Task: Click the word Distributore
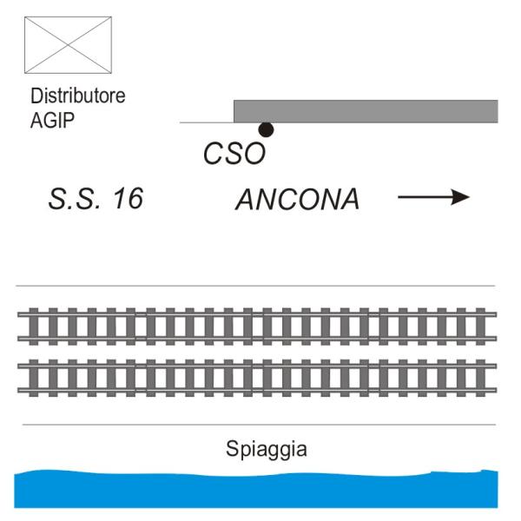click(78, 96)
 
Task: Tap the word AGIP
click(52, 120)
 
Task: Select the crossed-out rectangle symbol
click(68, 45)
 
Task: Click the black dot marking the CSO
click(266, 129)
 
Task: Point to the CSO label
click(234, 154)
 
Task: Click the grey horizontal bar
click(366, 111)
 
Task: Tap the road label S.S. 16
click(96, 199)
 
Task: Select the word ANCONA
click(297, 200)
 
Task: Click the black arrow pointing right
click(433, 197)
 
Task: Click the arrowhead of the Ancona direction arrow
click(461, 197)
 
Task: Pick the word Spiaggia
click(267, 449)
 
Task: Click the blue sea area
click(256, 490)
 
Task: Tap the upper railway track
click(257, 326)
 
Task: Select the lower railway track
click(257, 378)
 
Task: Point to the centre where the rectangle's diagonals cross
click(68, 45)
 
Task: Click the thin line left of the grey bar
click(207, 122)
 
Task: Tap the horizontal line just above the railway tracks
click(255, 286)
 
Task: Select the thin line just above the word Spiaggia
click(259, 425)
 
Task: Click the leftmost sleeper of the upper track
click(33, 326)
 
